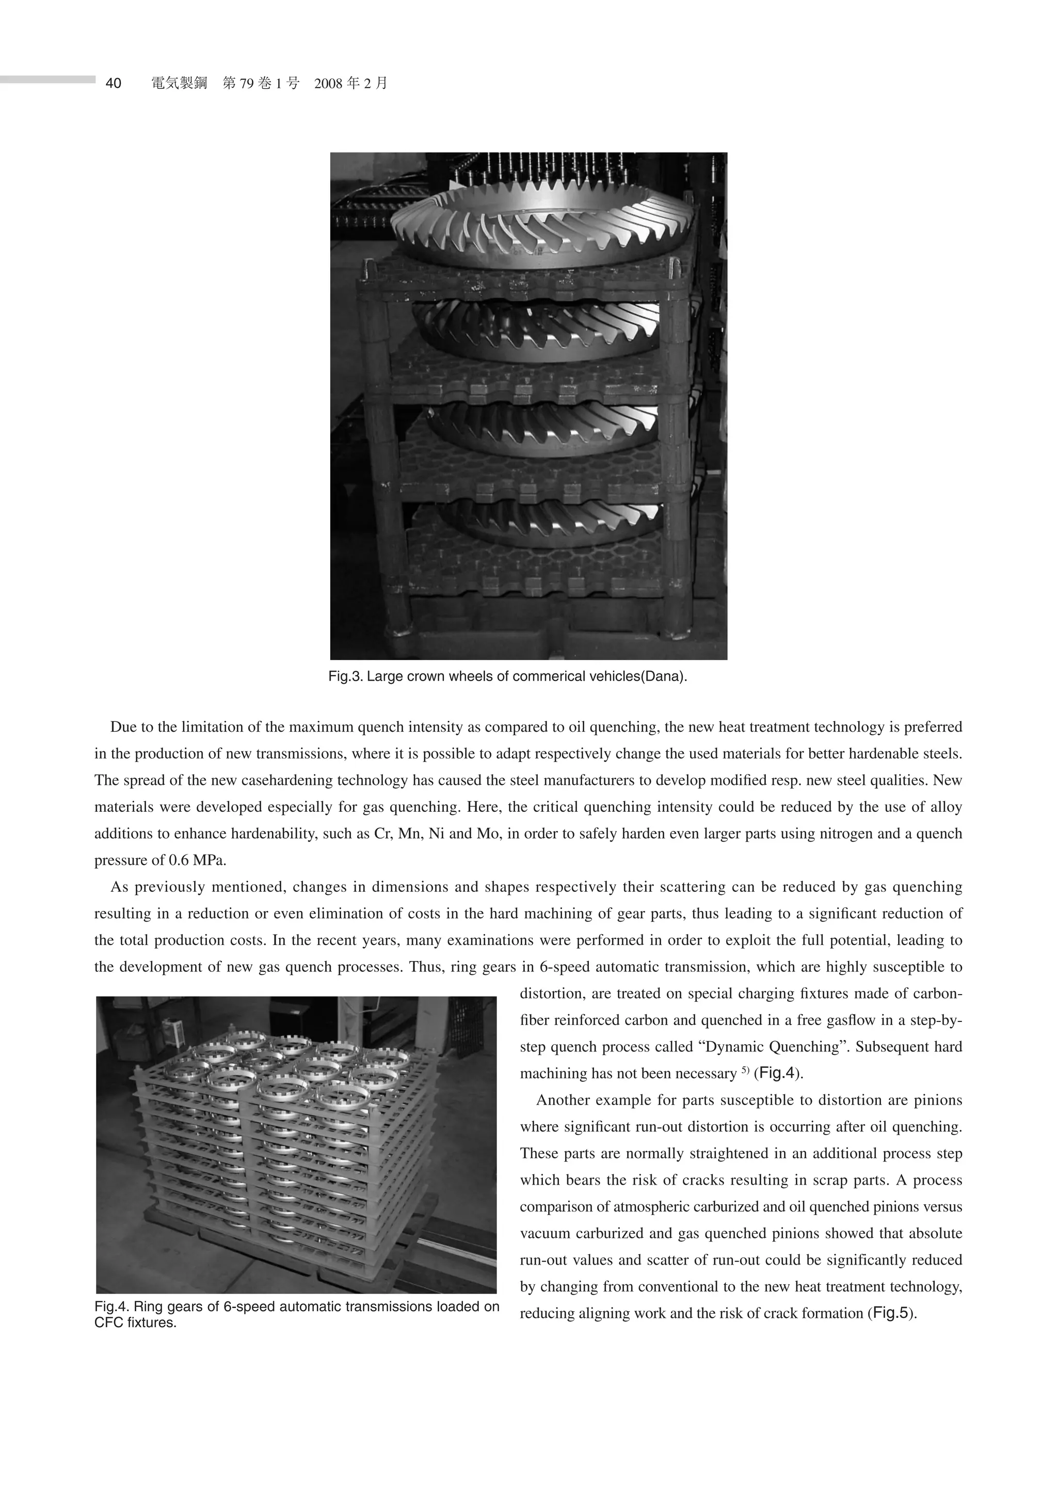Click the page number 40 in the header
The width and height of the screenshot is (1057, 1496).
click(x=114, y=84)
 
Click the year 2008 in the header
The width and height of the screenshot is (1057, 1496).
click(x=328, y=84)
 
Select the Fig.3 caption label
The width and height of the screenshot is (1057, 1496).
click(x=346, y=676)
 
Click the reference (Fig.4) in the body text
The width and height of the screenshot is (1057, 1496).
click(x=778, y=1074)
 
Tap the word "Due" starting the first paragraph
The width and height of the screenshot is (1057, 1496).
click(x=122, y=727)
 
